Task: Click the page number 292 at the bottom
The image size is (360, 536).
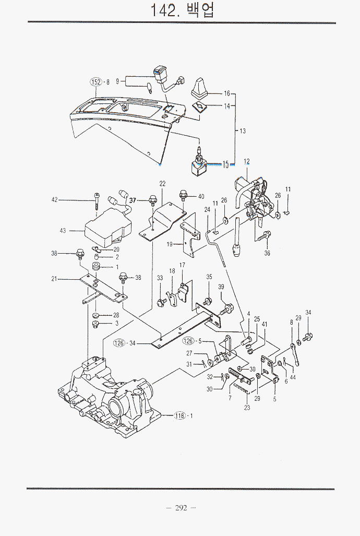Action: point(181,508)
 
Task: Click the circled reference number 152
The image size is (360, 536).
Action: point(96,82)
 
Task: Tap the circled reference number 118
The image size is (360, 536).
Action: point(179,415)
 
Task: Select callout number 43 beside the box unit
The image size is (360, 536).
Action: point(63,231)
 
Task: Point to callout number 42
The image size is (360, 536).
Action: point(54,200)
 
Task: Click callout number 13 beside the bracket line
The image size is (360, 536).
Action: point(243,131)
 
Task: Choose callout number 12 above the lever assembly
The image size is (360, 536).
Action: point(246,161)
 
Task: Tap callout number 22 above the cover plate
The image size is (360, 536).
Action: point(162,184)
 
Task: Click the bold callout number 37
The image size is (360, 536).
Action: point(133,200)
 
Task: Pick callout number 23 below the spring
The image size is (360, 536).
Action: point(247,408)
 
